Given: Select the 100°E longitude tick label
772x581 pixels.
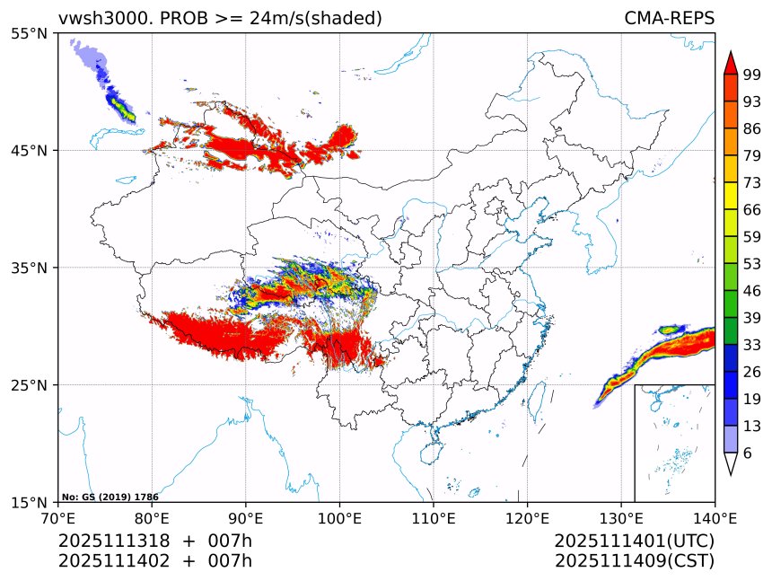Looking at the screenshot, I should click(339, 518).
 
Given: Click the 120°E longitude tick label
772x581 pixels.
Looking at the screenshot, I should click(527, 518).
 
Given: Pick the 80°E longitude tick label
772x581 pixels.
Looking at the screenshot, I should click(152, 518).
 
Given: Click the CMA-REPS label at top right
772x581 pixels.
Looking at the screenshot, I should click(669, 18).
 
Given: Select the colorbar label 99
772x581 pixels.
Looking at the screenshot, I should click(752, 75).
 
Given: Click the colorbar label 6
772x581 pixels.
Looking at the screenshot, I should click(747, 453).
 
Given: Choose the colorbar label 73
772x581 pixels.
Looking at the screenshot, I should click(752, 182).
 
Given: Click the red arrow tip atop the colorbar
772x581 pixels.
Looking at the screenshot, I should click(731, 62).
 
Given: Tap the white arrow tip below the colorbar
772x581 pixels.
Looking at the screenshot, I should click(731, 464).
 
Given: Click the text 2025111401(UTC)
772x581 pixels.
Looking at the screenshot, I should click(634, 541).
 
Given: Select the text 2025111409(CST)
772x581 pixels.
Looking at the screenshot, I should click(634, 561).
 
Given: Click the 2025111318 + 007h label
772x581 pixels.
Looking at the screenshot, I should click(155, 541).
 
